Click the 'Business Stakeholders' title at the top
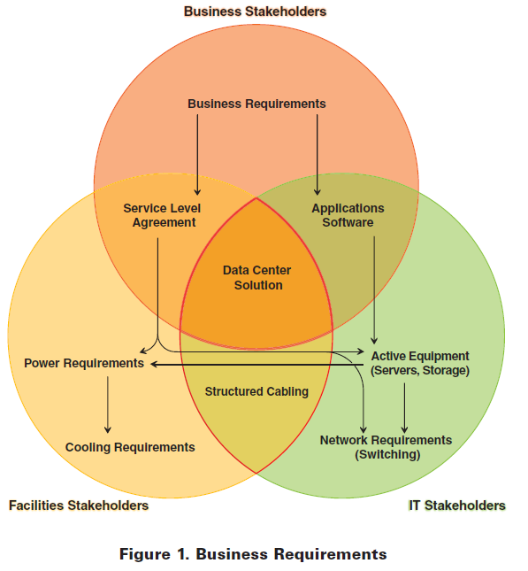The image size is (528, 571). tap(255, 12)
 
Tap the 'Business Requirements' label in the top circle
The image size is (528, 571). tap(256, 104)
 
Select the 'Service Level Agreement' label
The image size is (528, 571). tap(163, 215)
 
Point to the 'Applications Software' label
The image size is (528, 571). tap(348, 215)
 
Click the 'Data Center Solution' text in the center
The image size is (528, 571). tap(257, 277)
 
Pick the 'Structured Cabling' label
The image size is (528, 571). tap(256, 391)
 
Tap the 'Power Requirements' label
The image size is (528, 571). tap(84, 364)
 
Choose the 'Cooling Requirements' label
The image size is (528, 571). tap(130, 447)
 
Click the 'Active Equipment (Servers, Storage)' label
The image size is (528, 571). tap(420, 363)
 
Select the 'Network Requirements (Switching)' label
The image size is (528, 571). tap(386, 447)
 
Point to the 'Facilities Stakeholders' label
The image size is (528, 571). tap(79, 505)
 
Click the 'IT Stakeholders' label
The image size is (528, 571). tap(457, 505)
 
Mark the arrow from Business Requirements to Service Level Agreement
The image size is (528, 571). tap(197, 155)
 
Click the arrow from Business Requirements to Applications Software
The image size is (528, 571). tap(317, 155)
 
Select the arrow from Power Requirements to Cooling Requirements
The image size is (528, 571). tap(107, 405)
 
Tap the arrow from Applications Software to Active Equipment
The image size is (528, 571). tap(374, 289)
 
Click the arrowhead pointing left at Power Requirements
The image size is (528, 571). tap(154, 364)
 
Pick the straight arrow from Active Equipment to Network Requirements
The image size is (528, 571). tap(404, 408)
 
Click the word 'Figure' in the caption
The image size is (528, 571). tap(145, 554)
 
